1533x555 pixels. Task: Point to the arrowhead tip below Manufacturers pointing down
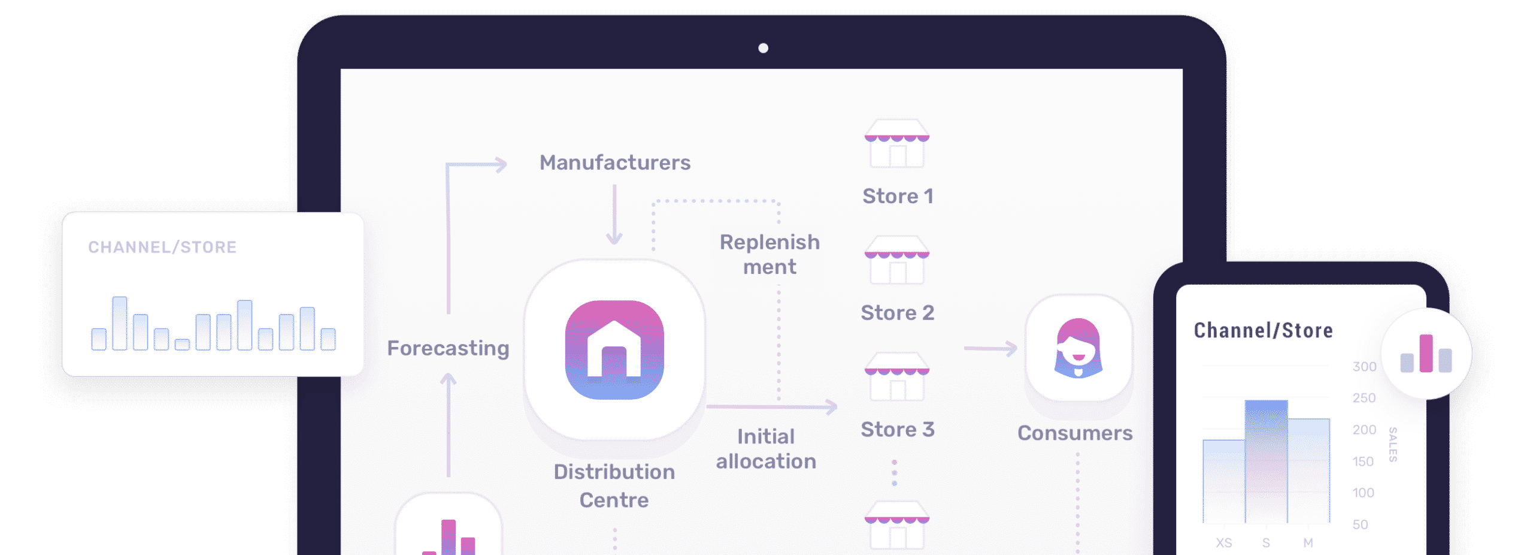[614, 244]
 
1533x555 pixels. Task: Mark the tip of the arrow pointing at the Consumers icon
[1017, 348]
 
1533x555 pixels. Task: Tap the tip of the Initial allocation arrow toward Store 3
[837, 407]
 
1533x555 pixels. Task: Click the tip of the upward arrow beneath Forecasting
[449, 374]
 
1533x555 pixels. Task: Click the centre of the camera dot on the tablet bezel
[763, 48]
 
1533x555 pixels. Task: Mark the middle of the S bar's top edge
[1266, 401]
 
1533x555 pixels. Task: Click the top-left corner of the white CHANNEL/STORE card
[63, 213]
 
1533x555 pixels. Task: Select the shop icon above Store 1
[897, 144]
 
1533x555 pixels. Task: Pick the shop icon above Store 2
[897, 260]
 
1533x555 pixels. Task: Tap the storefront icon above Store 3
[897, 376]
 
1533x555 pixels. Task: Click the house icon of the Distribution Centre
[614, 350]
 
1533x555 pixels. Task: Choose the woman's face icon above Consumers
[1078, 348]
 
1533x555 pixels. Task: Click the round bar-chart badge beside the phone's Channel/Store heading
[1426, 354]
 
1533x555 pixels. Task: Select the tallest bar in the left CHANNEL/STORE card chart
[120, 323]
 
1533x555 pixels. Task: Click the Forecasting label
[448, 348]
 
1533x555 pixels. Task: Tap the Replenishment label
[769, 254]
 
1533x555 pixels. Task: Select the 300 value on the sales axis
[1364, 366]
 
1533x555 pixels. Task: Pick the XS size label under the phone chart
[1224, 542]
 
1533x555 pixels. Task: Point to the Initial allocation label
[766, 448]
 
